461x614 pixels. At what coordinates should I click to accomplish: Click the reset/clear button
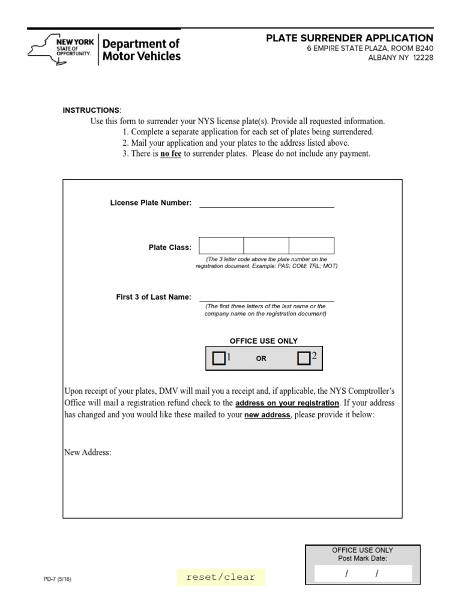click(x=220, y=577)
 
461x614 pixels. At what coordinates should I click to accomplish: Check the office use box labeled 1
click(x=219, y=359)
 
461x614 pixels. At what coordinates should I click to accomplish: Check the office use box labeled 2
click(x=304, y=359)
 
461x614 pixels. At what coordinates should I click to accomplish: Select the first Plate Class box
click(x=221, y=246)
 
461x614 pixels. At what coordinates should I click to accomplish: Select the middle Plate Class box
click(x=267, y=246)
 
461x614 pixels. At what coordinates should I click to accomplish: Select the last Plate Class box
click(x=312, y=246)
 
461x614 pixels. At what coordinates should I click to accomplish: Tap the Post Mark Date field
click(x=363, y=574)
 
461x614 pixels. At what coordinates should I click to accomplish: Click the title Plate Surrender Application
click(x=349, y=38)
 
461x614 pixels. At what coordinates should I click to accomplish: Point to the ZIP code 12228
click(x=423, y=58)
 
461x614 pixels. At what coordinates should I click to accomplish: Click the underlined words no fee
click(x=170, y=153)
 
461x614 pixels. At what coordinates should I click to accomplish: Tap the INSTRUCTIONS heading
click(x=91, y=110)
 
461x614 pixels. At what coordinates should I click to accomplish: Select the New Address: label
click(x=88, y=453)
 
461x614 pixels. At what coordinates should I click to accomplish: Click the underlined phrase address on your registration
click(x=287, y=403)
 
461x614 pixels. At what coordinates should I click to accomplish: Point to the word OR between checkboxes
click(x=261, y=359)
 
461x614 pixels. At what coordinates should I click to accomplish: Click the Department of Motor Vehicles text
click(x=142, y=50)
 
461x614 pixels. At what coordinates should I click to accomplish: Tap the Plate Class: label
click(x=170, y=247)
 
